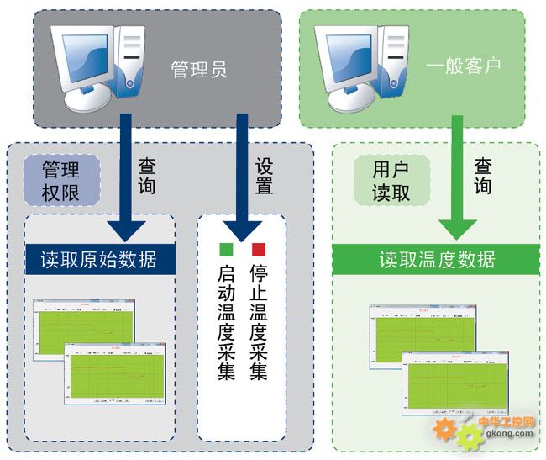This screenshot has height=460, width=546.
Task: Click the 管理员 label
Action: point(199,67)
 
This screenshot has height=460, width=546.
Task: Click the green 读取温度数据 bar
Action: point(436,259)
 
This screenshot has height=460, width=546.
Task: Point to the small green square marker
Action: point(225,248)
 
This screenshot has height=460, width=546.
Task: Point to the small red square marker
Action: point(259,248)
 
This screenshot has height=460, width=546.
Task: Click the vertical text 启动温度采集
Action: point(225,324)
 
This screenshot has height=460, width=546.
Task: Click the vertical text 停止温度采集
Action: point(259,324)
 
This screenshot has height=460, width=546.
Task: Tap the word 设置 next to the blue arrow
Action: point(264,176)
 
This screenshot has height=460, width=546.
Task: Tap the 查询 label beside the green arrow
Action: point(483,176)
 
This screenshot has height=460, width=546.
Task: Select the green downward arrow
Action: point(458,185)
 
